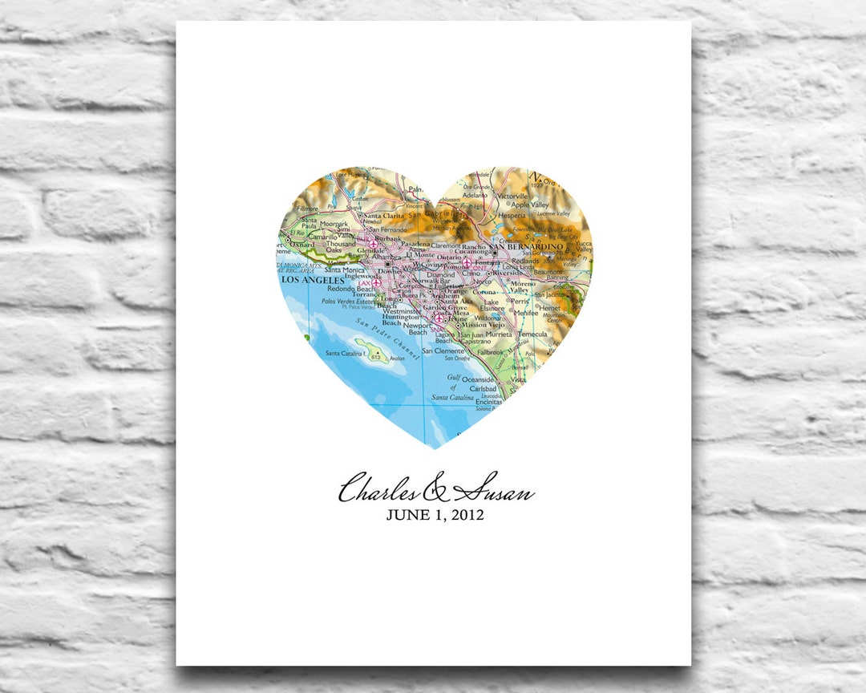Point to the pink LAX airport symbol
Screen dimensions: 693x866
coord(377,283)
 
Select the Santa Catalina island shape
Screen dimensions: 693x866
coord(374,350)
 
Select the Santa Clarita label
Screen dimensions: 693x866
coord(384,216)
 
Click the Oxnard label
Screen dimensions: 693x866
coord(301,245)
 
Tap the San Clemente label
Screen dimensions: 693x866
coord(443,351)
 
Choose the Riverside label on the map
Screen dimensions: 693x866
coord(508,273)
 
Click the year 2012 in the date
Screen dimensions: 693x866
coord(465,515)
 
